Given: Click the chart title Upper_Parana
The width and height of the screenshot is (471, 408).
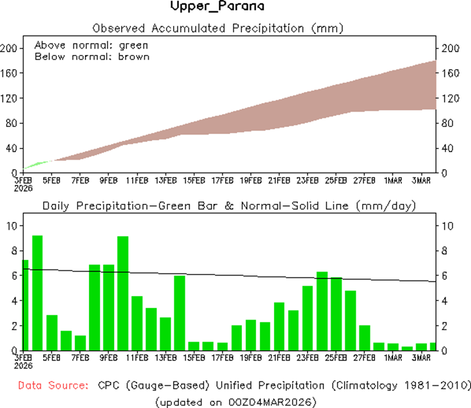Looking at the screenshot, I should tap(217, 7).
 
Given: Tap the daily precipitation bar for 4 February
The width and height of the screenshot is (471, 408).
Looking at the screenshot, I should tap(37, 293).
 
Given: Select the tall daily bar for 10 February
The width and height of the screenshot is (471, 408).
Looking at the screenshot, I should tap(123, 293).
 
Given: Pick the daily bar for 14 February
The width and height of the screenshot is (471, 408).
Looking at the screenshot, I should tap(180, 313).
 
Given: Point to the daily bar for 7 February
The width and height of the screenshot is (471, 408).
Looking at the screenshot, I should tap(80, 342).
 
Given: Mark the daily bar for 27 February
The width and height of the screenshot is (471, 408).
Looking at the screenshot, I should tap(365, 337).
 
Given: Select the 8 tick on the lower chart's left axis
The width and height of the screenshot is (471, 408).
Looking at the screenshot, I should tap(15, 250).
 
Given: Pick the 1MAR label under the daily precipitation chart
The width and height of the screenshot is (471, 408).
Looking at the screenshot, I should tap(393, 358).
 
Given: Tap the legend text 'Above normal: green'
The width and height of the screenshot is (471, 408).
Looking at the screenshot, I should tap(91, 45).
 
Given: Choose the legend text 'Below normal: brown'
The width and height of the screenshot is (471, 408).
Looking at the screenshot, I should tap(92, 56).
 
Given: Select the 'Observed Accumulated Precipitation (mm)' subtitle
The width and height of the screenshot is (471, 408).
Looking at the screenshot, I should tap(218, 28).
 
